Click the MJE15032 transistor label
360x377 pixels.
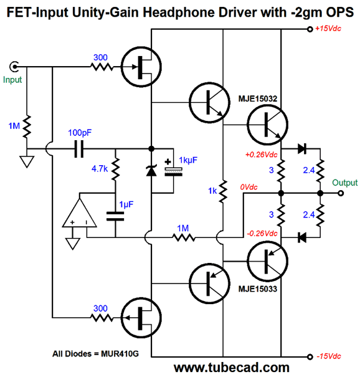(x=258, y=98)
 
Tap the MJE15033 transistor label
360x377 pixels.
(x=258, y=289)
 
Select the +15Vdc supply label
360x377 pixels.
(x=328, y=29)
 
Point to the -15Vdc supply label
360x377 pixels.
(x=329, y=356)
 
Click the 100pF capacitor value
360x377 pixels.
(x=80, y=133)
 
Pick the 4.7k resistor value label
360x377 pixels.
(x=100, y=168)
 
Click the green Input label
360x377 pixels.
(x=12, y=80)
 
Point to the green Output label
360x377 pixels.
(x=345, y=183)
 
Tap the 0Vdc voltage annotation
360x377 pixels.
(x=249, y=187)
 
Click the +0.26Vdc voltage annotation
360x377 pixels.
(x=261, y=155)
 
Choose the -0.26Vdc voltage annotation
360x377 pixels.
(x=262, y=233)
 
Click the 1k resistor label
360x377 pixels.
(x=212, y=191)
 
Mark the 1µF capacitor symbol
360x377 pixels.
(x=115, y=216)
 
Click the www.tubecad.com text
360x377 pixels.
(x=232, y=368)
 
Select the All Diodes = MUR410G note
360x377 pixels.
(x=96, y=354)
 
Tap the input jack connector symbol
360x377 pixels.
(x=14, y=67)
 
